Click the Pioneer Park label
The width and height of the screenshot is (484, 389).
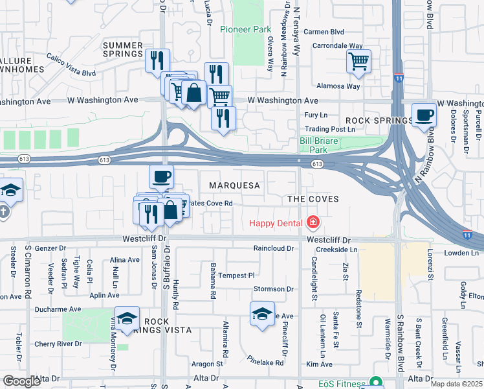(x=245, y=29)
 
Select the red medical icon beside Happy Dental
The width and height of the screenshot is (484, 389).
(x=313, y=224)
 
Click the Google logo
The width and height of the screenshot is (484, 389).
(x=21, y=381)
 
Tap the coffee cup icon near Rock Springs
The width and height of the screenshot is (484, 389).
(x=424, y=115)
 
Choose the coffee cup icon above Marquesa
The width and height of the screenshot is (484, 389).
(x=161, y=175)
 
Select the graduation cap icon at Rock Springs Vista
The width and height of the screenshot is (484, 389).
(x=127, y=318)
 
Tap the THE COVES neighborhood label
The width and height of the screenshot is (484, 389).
(x=313, y=199)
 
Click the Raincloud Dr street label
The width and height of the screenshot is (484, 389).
(x=274, y=248)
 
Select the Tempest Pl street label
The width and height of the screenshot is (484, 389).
(x=236, y=276)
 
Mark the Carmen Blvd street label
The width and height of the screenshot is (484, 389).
(x=324, y=32)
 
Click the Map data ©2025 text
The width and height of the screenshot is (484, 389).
(x=456, y=384)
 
